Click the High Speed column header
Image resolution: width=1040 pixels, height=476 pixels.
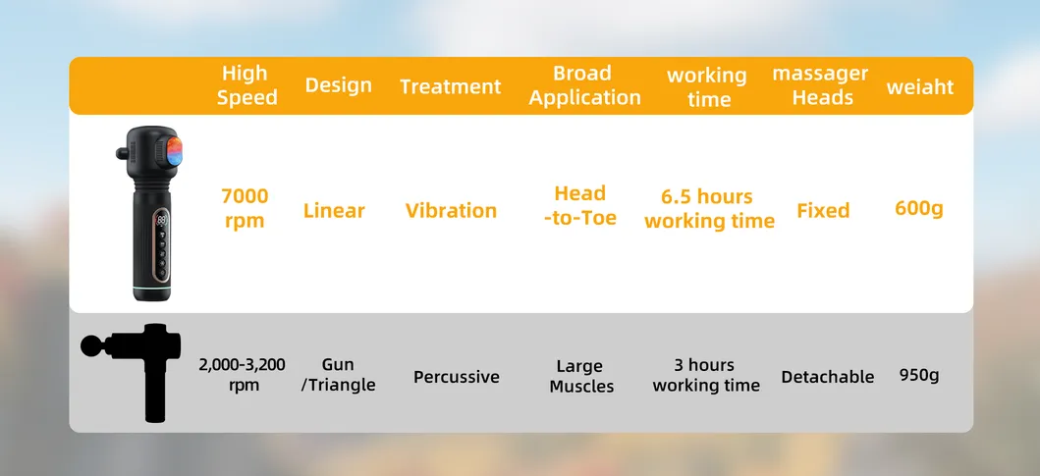pyautogui.click(x=246, y=85)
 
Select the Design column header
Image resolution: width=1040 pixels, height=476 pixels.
pyautogui.click(x=338, y=85)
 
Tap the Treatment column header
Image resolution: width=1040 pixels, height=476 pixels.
pyautogui.click(x=450, y=86)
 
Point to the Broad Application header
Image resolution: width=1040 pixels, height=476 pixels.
pyautogui.click(x=584, y=85)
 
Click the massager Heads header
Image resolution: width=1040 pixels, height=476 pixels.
pyautogui.click(x=820, y=85)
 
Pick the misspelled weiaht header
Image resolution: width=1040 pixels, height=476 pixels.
pyautogui.click(x=919, y=86)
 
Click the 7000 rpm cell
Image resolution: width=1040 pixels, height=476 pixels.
pyautogui.click(x=245, y=208)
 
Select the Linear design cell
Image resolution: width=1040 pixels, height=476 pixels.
pyautogui.click(x=334, y=210)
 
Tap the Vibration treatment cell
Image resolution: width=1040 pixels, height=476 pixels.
pyautogui.click(x=451, y=210)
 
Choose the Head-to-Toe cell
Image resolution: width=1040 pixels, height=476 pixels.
pyautogui.click(x=580, y=205)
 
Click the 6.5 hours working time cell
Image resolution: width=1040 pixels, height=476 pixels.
pyautogui.click(x=709, y=209)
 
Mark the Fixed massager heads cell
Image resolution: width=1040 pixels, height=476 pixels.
pyautogui.click(x=823, y=210)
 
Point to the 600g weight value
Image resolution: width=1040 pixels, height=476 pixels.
pyautogui.click(x=918, y=208)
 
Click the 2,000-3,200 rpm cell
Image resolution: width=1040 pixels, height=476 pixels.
pyautogui.click(x=243, y=374)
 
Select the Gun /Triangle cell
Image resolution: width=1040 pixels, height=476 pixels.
pyautogui.click(x=338, y=374)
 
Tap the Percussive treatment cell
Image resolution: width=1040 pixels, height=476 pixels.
pyautogui.click(x=456, y=377)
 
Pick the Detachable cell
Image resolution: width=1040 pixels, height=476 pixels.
pyautogui.click(x=827, y=377)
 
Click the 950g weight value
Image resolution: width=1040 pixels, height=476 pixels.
pyautogui.click(x=919, y=375)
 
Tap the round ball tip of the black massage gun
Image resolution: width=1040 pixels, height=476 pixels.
pyautogui.click(x=90, y=345)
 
